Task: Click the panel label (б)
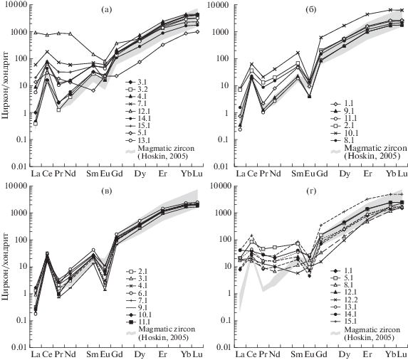(313, 10)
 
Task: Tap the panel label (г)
(313, 191)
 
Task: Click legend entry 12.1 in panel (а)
(144, 111)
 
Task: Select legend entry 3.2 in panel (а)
(142, 90)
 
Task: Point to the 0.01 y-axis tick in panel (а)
(19, 166)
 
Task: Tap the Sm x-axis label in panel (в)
(93, 354)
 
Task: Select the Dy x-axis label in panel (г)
(345, 355)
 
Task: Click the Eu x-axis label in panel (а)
(105, 174)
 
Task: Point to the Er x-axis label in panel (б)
(367, 174)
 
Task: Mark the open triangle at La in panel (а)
(36, 33)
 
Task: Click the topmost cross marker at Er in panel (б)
(367, 14)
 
